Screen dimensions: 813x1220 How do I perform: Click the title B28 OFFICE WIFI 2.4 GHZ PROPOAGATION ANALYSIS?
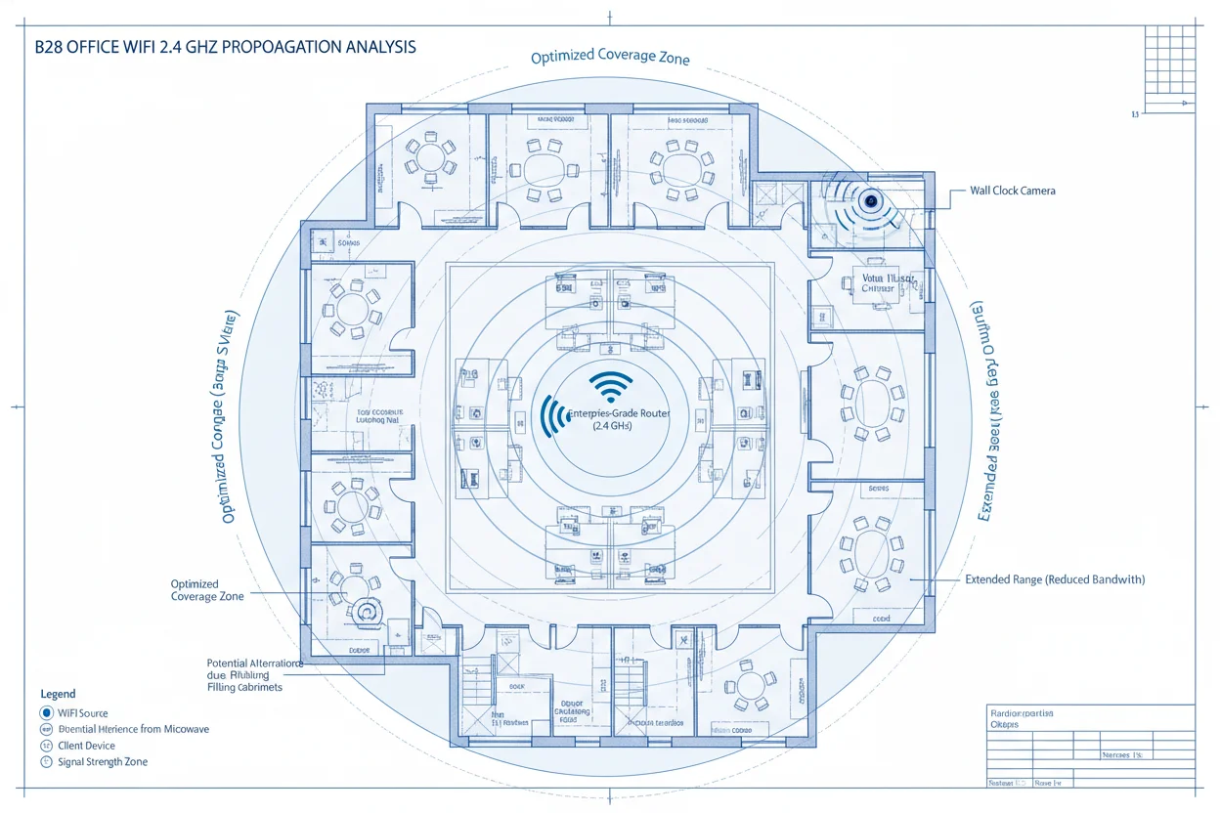click(225, 47)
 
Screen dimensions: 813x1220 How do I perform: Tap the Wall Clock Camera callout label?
click(1012, 191)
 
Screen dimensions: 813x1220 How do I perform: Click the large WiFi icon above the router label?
click(612, 386)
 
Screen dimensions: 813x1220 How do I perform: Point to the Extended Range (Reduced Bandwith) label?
click(1054, 579)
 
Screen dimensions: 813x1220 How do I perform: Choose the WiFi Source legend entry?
click(82, 713)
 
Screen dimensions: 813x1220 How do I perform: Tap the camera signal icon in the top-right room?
click(869, 203)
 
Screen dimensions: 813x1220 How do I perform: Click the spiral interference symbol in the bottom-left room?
click(369, 611)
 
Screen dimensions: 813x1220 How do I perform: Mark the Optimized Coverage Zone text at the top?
click(610, 58)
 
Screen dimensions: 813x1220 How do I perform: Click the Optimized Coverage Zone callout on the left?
click(207, 590)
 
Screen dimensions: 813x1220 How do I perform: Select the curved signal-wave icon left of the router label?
click(553, 416)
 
